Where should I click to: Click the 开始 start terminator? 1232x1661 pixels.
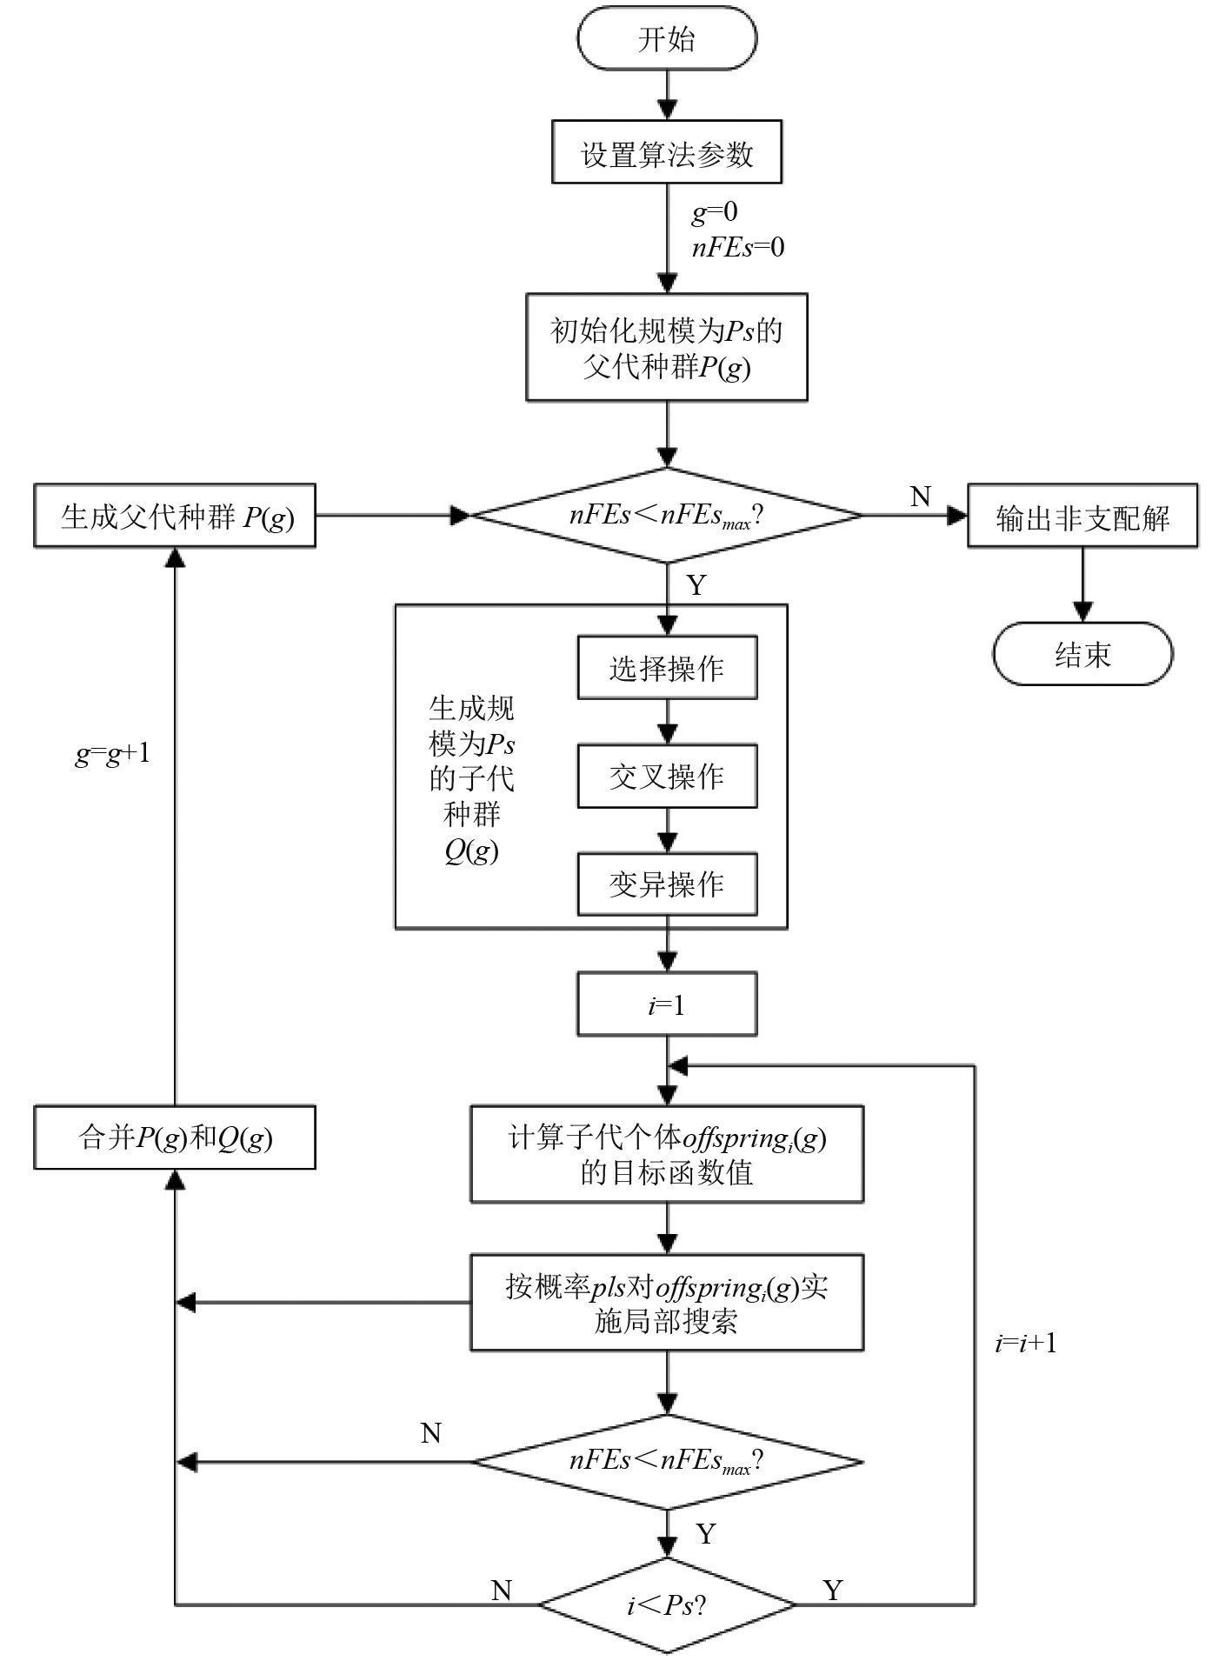pyautogui.click(x=667, y=39)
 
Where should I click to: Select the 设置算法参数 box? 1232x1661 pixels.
pyautogui.click(x=667, y=153)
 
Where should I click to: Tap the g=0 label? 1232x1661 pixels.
pyautogui.click(x=714, y=211)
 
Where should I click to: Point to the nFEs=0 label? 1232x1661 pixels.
pyautogui.click(x=737, y=248)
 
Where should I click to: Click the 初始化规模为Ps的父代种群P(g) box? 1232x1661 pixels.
pyautogui.click(x=667, y=348)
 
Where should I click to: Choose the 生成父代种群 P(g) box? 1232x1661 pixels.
pyautogui.click(x=175, y=517)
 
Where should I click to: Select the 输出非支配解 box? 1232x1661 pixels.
pyautogui.click(x=1082, y=517)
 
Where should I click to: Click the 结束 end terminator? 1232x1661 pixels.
pyautogui.click(x=1082, y=654)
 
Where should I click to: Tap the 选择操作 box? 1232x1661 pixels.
pyautogui.click(x=667, y=668)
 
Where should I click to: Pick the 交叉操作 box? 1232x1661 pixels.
pyautogui.click(x=667, y=776)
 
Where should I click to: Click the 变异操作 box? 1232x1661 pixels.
pyautogui.click(x=667, y=884)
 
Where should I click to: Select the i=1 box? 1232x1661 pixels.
pyautogui.click(x=667, y=1005)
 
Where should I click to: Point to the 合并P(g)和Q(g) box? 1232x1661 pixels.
pyautogui.click(x=175, y=1137)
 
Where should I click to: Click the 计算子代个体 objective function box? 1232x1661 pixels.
pyautogui.click(x=667, y=1155)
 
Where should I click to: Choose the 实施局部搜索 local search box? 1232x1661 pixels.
pyautogui.click(x=667, y=1303)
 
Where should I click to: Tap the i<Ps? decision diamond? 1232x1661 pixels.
pyautogui.click(x=667, y=1604)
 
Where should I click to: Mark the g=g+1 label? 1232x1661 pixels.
pyautogui.click(x=112, y=753)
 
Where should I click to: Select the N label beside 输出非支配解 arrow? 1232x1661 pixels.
pyautogui.click(x=920, y=497)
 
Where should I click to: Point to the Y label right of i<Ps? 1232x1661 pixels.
pyautogui.click(x=833, y=1590)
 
